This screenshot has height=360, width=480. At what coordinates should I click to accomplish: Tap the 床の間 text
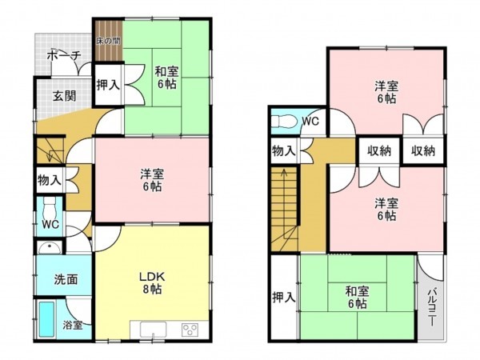click(x=109, y=40)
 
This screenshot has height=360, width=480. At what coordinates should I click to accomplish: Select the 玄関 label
click(x=64, y=96)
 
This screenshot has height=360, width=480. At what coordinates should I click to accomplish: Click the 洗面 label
click(x=65, y=280)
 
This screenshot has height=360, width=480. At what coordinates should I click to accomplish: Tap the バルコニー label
click(x=430, y=303)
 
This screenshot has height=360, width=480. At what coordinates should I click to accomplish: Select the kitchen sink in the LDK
click(x=154, y=330)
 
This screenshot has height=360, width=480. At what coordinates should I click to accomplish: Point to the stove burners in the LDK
click(x=190, y=330)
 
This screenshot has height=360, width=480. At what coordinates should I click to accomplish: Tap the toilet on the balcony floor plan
click(x=282, y=122)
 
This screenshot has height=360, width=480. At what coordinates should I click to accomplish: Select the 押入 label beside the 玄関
click(x=108, y=86)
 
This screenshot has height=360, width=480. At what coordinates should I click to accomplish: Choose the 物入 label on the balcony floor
click(x=283, y=150)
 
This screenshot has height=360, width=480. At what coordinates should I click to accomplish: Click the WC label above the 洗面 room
click(x=50, y=224)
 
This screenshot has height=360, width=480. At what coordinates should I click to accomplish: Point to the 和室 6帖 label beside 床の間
click(x=166, y=77)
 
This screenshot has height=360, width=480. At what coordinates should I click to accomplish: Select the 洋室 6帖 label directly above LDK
click(x=152, y=179)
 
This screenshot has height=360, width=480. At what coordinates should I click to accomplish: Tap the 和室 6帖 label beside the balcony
click(x=357, y=297)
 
